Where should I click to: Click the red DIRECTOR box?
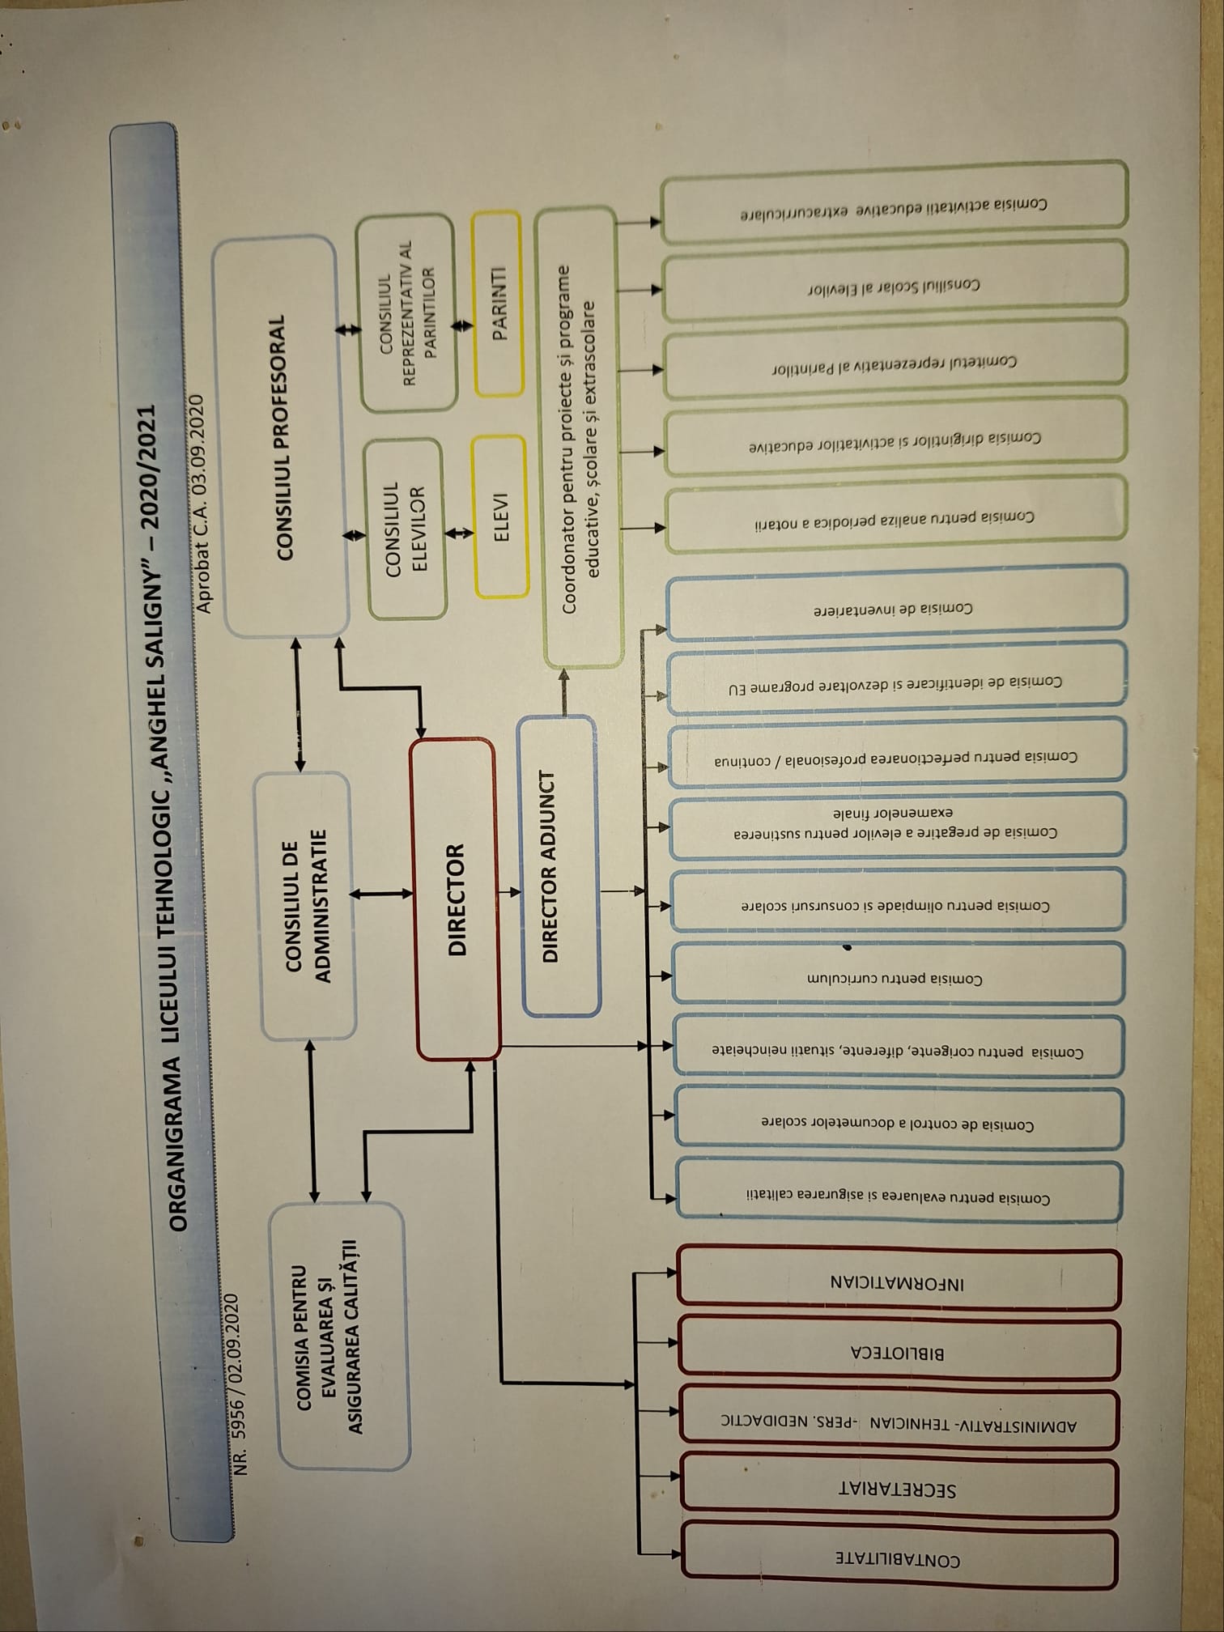[x=457, y=899]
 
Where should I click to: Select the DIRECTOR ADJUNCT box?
[x=560, y=866]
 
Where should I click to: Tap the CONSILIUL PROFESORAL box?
[x=283, y=437]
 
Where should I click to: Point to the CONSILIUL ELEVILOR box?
[x=406, y=526]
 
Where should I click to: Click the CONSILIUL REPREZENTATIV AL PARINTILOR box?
[x=409, y=312]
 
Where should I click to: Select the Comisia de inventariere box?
[x=895, y=607]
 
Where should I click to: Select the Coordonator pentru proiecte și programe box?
[x=580, y=437]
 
